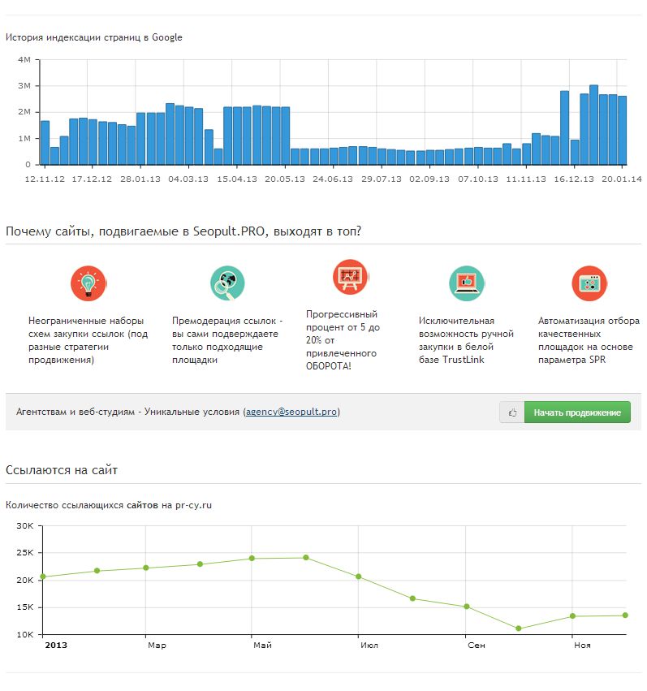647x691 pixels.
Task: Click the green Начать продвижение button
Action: (x=577, y=412)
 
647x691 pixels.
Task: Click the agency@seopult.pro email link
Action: (x=292, y=412)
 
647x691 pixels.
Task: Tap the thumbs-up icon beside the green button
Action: (x=512, y=412)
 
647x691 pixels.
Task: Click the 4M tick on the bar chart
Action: (x=24, y=60)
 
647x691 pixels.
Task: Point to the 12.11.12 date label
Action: (x=45, y=179)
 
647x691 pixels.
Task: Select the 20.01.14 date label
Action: (x=622, y=179)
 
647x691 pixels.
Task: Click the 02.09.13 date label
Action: (x=430, y=179)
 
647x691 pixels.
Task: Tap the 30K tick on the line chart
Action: (x=24, y=525)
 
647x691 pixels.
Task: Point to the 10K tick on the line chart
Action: (x=24, y=634)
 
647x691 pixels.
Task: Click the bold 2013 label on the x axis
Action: (x=56, y=646)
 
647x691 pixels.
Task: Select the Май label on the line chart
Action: (x=262, y=646)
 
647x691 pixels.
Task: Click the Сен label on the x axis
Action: (x=477, y=646)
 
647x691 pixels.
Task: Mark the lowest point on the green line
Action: (x=519, y=628)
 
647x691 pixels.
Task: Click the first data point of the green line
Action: (x=43, y=577)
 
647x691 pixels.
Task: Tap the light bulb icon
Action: (x=88, y=283)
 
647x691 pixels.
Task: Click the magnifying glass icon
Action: (x=228, y=283)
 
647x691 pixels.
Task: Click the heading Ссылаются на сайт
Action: (x=63, y=470)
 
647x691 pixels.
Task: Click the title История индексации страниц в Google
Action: (x=94, y=37)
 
